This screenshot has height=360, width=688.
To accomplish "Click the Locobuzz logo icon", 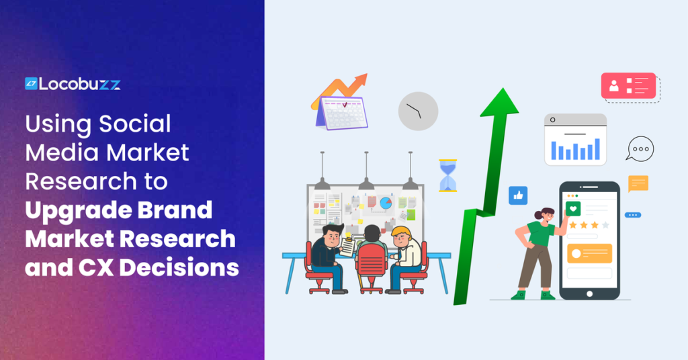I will [x=30, y=83].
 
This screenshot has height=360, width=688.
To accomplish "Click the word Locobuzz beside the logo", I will [x=79, y=83].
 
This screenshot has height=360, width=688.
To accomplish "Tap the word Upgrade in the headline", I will [x=74, y=211].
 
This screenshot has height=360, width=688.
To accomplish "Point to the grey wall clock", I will [x=418, y=111].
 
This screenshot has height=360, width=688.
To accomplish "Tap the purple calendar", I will [x=342, y=113].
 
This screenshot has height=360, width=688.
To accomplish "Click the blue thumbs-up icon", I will [x=518, y=195].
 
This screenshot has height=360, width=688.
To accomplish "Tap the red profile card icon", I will [x=628, y=86].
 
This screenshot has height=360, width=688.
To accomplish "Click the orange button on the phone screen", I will [x=589, y=253].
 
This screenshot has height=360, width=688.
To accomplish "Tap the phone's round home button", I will [x=589, y=294].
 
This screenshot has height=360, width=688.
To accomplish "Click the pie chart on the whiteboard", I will [x=386, y=202].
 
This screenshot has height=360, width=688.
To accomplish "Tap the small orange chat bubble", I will [x=638, y=183].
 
